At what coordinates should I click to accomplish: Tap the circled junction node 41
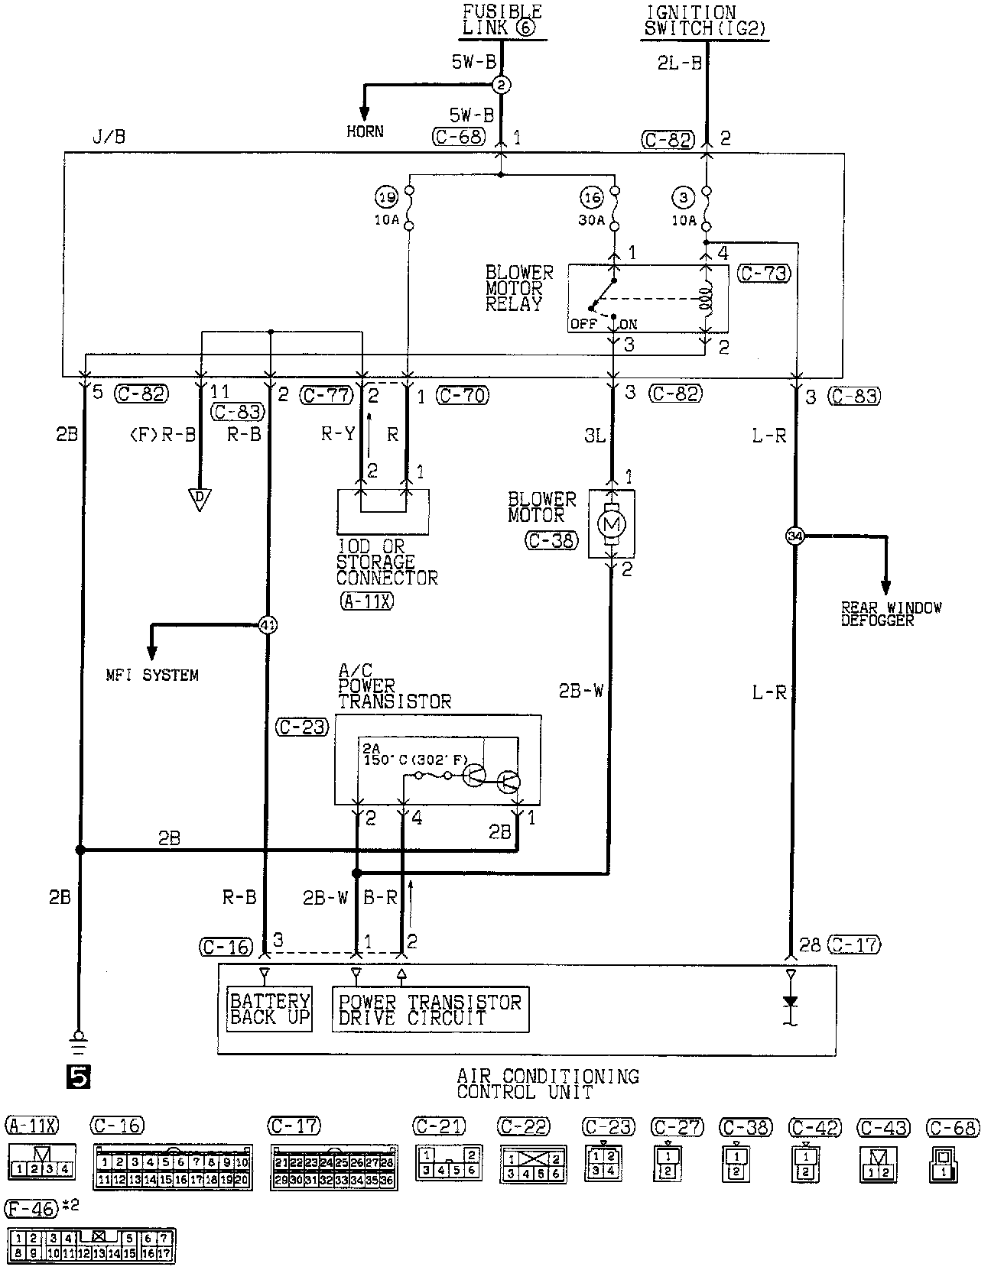pos(268,625)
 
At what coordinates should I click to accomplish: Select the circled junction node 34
pos(795,536)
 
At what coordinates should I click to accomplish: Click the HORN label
pos(365,131)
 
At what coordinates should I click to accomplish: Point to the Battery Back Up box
pos(270,1009)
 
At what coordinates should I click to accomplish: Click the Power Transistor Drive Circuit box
pos(430,1009)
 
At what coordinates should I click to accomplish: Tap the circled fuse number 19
pos(387,198)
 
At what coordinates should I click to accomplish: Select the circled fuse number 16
pos(593,198)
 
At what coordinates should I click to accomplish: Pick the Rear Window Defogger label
pos(891,614)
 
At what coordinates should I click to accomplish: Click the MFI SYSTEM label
pos(152,675)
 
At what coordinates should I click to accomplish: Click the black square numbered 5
pos(79,1076)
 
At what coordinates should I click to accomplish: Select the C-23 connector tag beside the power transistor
pos(303,727)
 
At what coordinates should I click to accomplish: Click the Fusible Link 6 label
pos(501,21)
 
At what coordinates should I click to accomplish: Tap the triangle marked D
pos(199,501)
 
